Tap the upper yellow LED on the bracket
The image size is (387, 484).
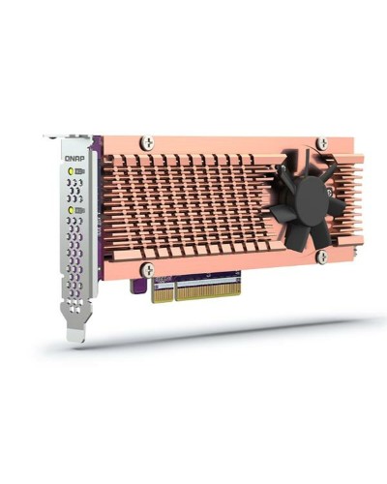(x=71, y=171)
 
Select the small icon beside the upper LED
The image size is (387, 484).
(x=79, y=171)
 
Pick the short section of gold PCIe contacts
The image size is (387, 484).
(x=163, y=291)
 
